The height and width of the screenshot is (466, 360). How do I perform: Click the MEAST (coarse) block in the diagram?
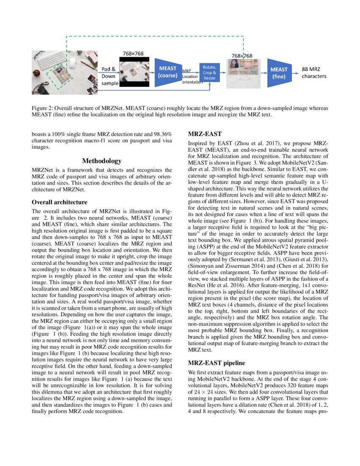pos(167,72)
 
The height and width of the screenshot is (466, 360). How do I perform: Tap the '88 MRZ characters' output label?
pos(314,73)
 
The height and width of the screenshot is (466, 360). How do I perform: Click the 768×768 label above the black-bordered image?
pos(133,53)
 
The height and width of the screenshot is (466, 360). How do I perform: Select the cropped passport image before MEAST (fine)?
pos(243,73)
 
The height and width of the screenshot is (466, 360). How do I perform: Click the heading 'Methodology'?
pos(102,161)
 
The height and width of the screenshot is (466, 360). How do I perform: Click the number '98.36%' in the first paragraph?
pos(161,134)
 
